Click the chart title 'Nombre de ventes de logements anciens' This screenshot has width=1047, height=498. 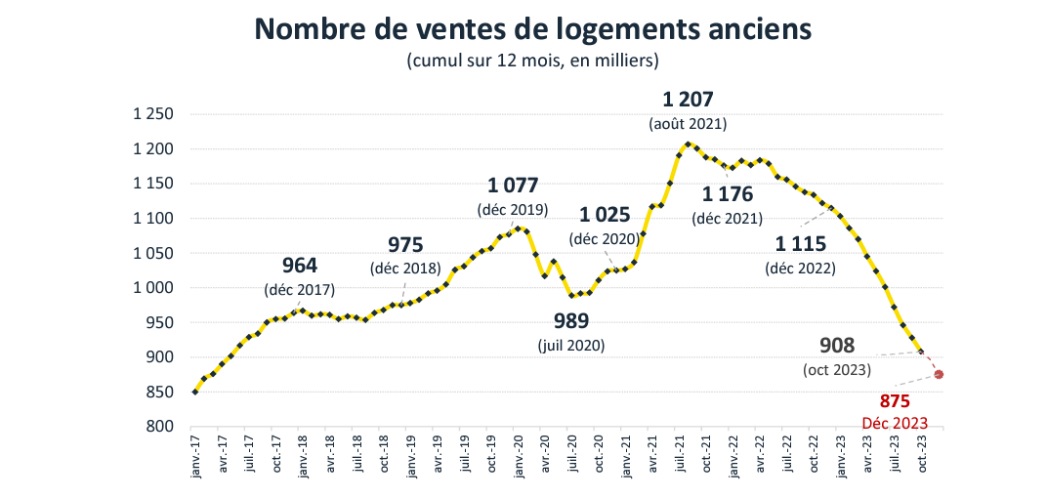pyautogui.click(x=532, y=29)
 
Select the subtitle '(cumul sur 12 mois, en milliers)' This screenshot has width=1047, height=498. pyautogui.click(x=532, y=62)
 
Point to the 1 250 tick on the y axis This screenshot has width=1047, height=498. pyautogui.click(x=153, y=115)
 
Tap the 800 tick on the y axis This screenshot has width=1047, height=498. pyautogui.click(x=161, y=427)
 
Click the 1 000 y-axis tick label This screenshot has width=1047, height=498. pyautogui.click(x=153, y=288)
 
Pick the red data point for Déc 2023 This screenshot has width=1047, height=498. pyautogui.click(x=939, y=374)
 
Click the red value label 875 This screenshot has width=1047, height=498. pyautogui.click(x=895, y=401)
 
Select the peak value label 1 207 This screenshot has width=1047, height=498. pyautogui.click(x=688, y=100)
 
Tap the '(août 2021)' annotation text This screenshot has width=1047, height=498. pyautogui.click(x=688, y=125)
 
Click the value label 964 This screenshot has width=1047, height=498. pyautogui.click(x=300, y=265)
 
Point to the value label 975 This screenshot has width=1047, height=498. pyautogui.click(x=406, y=244)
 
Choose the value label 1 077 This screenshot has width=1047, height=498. pyautogui.click(x=513, y=186)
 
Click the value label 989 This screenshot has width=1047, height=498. pyautogui.click(x=571, y=320)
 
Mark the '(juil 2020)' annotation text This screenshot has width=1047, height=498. pyautogui.click(x=571, y=346)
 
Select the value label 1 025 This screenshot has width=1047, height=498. pyautogui.click(x=607, y=215)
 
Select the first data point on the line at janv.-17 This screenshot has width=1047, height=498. pyautogui.click(x=195, y=392)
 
